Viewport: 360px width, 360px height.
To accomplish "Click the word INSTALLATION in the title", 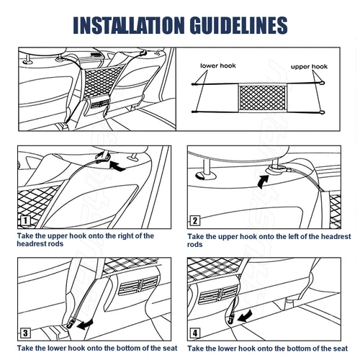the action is [x=129, y=25].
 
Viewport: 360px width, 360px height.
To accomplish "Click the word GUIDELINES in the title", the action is [x=239, y=25].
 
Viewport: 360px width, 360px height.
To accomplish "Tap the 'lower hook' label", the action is [x=218, y=66].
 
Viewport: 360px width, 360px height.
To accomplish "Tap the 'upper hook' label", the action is [x=309, y=66].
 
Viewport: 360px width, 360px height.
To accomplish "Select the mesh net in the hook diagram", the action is [x=263, y=98].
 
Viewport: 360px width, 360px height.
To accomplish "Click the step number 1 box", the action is [x=25, y=220].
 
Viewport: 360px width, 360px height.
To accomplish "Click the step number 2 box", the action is [x=194, y=220].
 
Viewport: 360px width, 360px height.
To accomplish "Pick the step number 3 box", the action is [x=25, y=333].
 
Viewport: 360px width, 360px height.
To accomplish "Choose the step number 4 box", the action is [x=195, y=333].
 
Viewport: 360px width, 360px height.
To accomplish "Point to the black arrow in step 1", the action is [x=117, y=166].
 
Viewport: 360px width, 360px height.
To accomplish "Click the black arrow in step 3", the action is [x=84, y=325].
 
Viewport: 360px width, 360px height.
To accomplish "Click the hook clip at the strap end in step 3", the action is [x=71, y=325].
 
